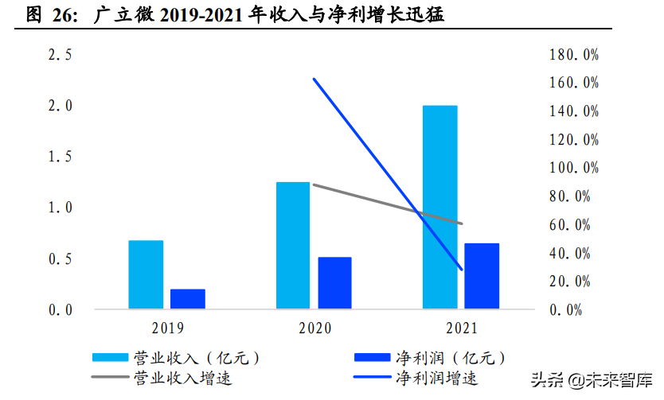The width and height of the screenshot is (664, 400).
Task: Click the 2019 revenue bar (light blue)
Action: click(x=146, y=274)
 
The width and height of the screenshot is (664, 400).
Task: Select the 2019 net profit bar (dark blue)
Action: click(x=188, y=299)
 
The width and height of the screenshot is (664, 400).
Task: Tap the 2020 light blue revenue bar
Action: click(x=293, y=245)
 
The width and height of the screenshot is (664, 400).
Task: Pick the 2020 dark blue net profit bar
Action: click(x=334, y=283)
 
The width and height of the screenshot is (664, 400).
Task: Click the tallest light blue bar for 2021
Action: click(x=440, y=207)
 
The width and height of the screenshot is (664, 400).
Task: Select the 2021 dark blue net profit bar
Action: click(x=482, y=276)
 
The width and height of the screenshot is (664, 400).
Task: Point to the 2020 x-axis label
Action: click(x=314, y=328)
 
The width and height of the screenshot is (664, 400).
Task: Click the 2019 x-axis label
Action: click(x=167, y=328)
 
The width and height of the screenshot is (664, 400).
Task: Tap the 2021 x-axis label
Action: click(x=462, y=328)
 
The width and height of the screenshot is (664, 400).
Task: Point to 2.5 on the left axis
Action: click(x=61, y=55)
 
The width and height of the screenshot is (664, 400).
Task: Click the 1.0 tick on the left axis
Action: click(x=61, y=208)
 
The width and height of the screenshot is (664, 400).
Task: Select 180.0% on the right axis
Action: click(x=573, y=55)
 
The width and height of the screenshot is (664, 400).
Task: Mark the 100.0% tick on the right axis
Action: click(x=573, y=168)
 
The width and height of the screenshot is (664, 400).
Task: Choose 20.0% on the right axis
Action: click(x=573, y=282)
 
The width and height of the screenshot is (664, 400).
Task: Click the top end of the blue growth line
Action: click(x=314, y=80)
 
